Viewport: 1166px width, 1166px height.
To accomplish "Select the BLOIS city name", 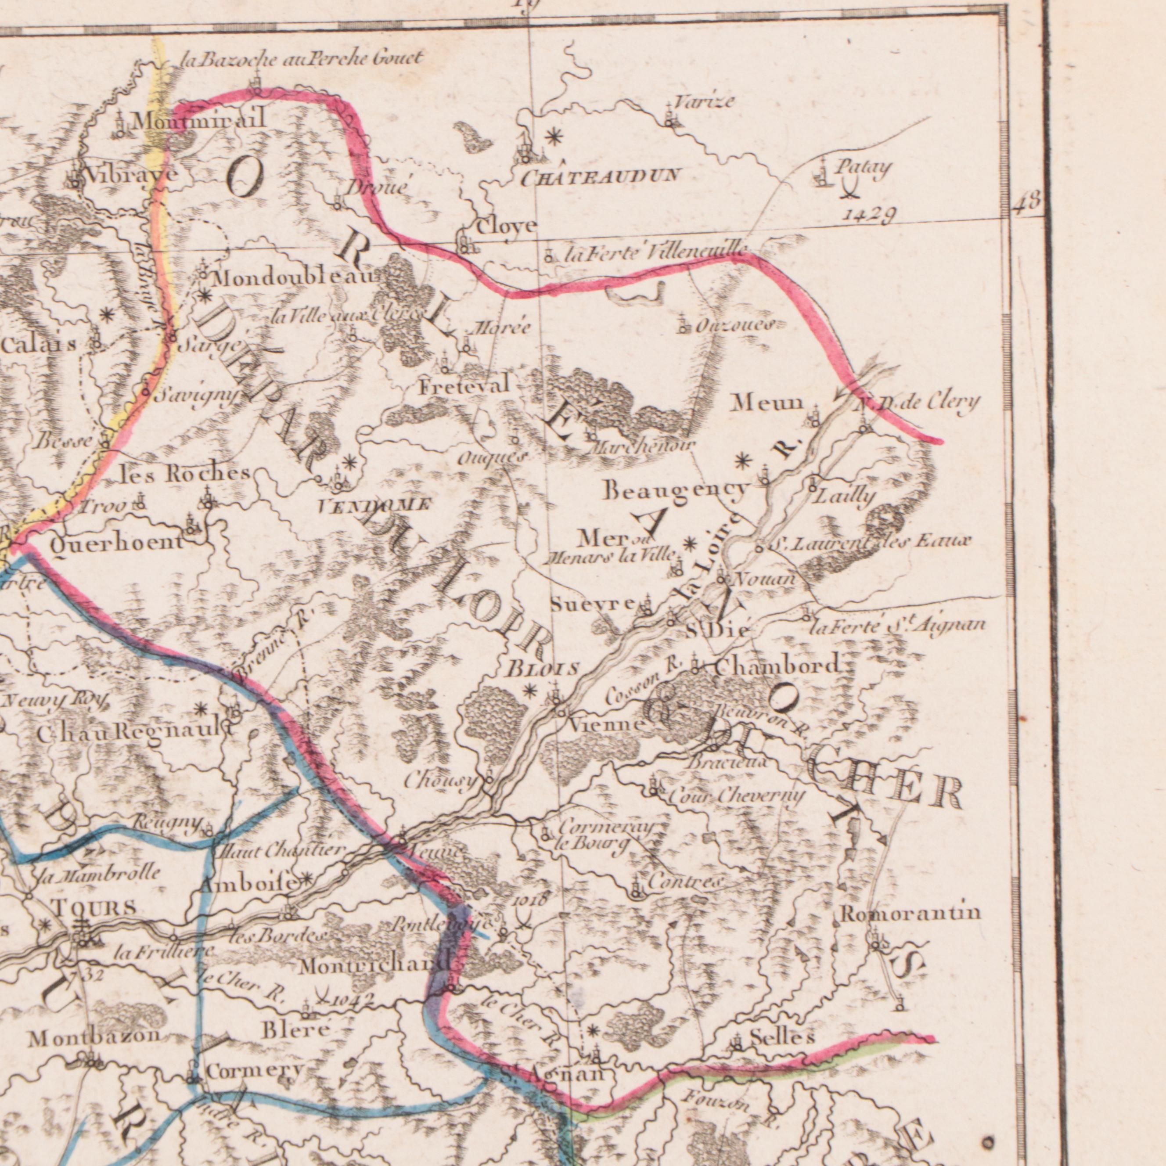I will coord(543,669).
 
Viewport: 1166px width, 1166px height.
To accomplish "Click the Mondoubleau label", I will coord(294,278).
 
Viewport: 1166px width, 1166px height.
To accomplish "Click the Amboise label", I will coord(248,884).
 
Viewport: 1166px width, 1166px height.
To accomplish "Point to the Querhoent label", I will coord(116,542).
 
